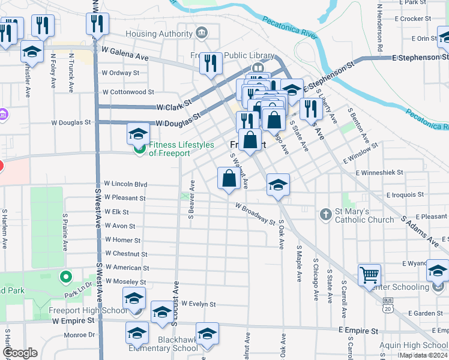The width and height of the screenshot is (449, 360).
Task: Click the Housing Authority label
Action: [x=159, y=34]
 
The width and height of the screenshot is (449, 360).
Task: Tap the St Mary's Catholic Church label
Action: [x=364, y=215]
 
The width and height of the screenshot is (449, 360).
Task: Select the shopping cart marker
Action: [x=369, y=275]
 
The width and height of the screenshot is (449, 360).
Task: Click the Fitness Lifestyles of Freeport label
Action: [x=181, y=149]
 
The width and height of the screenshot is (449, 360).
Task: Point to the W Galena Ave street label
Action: [x=125, y=53]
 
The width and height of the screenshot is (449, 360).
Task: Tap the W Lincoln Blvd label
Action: [x=125, y=184]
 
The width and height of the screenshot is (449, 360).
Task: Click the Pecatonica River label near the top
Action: [x=289, y=28]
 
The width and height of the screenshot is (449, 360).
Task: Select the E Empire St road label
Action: [x=358, y=331]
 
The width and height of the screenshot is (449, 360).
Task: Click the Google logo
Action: [x=20, y=353]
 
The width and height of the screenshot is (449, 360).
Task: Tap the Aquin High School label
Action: [x=414, y=345]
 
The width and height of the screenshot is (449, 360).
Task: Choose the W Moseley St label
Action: [x=125, y=281]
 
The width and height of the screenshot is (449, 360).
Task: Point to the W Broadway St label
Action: [x=255, y=213]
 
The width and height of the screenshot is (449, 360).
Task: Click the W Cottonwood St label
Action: [x=128, y=92]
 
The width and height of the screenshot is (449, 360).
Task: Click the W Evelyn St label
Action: [x=198, y=304]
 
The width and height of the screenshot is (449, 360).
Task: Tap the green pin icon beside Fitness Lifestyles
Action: [x=140, y=148]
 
